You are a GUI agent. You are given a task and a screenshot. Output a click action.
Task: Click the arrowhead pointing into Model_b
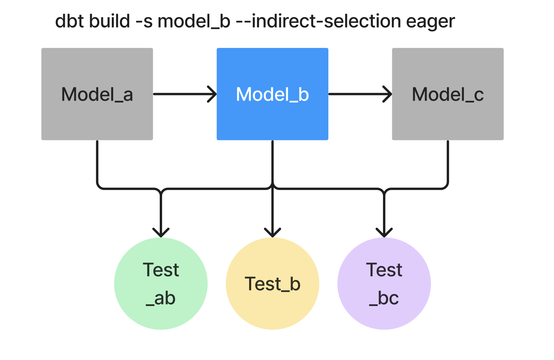click(x=213, y=94)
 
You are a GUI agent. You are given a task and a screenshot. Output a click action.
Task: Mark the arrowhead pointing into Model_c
click(x=389, y=94)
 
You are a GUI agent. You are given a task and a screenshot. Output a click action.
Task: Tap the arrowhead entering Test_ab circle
click(x=161, y=233)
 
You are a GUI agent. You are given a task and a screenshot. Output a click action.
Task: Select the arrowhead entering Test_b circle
click(x=272, y=233)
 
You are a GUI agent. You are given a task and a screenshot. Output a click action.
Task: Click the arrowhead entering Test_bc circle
click(x=384, y=233)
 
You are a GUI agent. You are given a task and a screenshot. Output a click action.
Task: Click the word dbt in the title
click(x=69, y=21)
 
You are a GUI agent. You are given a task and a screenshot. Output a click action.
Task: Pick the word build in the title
click(x=109, y=21)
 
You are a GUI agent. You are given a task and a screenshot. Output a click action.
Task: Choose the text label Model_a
click(x=97, y=94)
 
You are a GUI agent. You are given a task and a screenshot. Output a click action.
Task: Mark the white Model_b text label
click(x=272, y=94)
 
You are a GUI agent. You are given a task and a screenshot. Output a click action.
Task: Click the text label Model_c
click(x=448, y=94)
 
